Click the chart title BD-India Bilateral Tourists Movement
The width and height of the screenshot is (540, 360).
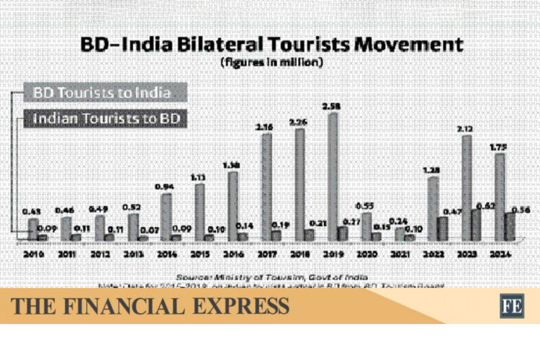point(270,45)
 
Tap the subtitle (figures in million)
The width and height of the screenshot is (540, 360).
point(270,63)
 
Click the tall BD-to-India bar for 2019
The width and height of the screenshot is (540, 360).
point(333,176)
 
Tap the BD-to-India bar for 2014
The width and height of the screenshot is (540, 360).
point(166,217)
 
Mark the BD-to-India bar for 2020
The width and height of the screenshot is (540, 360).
point(366,226)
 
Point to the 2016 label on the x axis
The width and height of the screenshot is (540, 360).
point(233,253)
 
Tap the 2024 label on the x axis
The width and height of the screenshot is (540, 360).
point(501,253)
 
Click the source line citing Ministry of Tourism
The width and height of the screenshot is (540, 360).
point(270,276)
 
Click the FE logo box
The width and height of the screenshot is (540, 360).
point(512,305)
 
